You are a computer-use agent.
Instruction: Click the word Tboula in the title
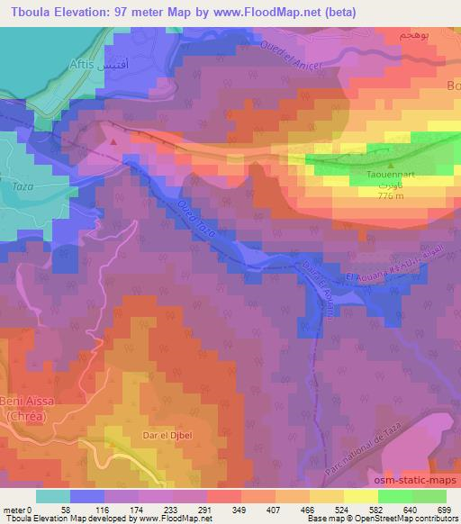click(x=31, y=12)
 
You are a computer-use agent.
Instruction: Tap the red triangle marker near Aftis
click(x=113, y=140)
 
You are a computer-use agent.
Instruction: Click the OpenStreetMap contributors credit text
click(x=405, y=519)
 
